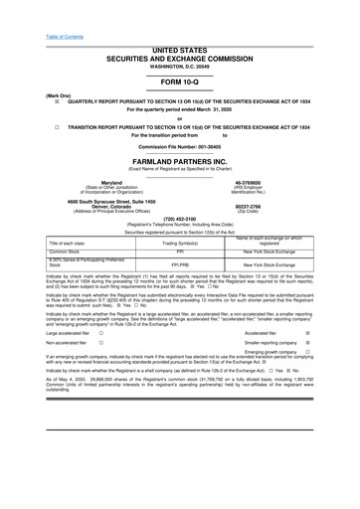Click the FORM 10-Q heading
180,85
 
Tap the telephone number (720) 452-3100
180,220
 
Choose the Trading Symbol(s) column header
181,244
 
